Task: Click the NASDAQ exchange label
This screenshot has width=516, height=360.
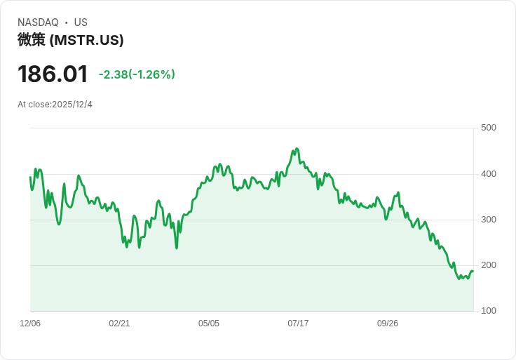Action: (38, 22)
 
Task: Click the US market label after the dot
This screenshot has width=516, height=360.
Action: (81, 22)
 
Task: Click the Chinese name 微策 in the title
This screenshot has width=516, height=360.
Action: (32, 40)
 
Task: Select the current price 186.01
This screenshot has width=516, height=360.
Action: (53, 74)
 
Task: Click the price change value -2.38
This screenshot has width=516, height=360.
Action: (113, 74)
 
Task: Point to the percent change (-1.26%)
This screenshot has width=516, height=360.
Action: (152, 74)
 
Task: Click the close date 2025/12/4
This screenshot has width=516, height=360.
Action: (72, 105)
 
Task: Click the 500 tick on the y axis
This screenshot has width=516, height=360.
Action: (489, 128)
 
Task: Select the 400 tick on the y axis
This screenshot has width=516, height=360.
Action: (489, 174)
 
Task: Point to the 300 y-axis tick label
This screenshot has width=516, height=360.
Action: (489, 220)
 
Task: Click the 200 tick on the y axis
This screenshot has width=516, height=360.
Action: (489, 265)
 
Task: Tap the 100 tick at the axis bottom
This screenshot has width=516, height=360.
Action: (489, 311)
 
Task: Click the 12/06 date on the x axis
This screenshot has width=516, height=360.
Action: (30, 324)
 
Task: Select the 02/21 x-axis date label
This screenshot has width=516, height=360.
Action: (119, 324)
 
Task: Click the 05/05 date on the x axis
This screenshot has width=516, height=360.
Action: (209, 324)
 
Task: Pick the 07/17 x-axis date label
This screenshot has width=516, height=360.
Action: (298, 324)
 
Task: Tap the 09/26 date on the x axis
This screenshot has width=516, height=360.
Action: (388, 324)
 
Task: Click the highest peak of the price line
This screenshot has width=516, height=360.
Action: (297, 149)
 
